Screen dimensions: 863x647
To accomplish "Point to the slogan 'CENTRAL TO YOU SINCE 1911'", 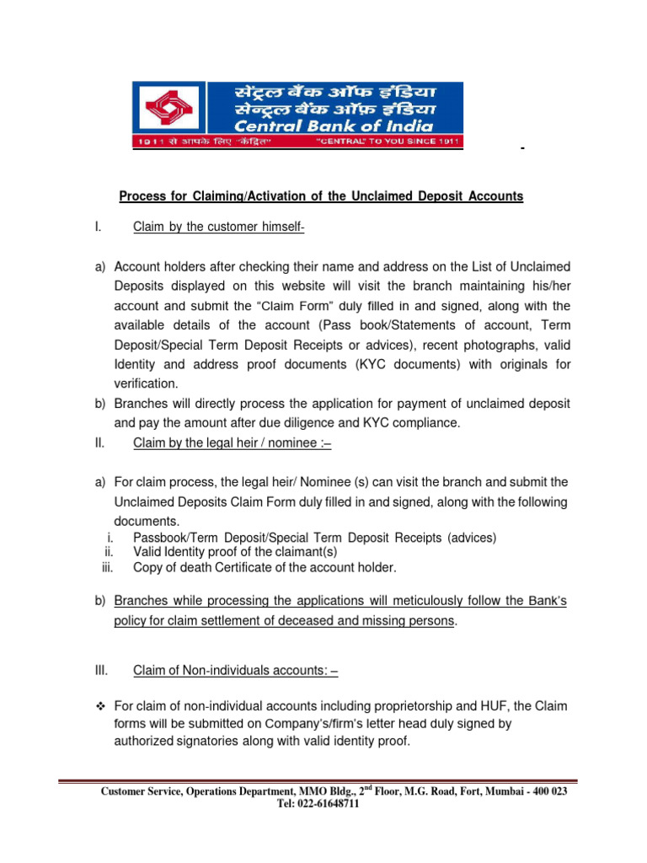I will pos(388,142).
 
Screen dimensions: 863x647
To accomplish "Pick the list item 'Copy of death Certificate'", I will pos(265,567).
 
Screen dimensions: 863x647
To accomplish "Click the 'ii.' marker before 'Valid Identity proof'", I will pos(109,552).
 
